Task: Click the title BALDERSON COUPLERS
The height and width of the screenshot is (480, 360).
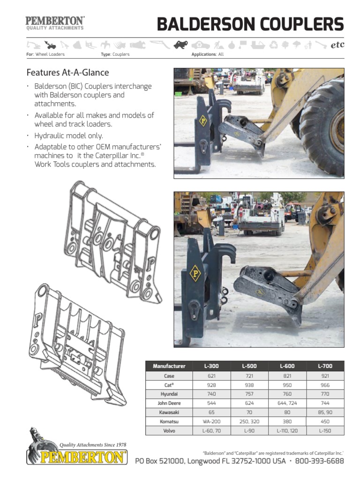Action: (250, 24)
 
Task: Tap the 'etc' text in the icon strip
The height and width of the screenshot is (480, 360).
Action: (337, 45)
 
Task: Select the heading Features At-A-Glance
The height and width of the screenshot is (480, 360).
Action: (67, 73)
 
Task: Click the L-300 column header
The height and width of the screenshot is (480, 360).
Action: (211, 366)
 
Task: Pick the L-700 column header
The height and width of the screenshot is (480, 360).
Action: (325, 366)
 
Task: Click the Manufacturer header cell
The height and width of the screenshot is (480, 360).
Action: (169, 366)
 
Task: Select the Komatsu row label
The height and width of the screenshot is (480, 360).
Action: (169, 421)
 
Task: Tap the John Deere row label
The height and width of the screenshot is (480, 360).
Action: (169, 403)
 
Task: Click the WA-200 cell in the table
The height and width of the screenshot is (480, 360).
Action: (211, 421)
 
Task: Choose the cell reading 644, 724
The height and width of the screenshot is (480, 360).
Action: (287, 403)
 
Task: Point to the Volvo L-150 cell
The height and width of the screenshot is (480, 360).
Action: (325, 430)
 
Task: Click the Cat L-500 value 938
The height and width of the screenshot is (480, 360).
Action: (249, 385)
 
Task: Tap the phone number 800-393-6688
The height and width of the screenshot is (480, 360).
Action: (320, 461)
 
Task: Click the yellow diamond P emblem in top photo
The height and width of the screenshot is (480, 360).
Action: (203, 120)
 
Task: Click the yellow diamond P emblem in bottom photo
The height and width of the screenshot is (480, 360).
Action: (195, 273)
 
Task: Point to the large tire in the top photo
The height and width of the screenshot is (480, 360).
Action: (323, 122)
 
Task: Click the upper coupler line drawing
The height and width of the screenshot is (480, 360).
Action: (112, 241)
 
